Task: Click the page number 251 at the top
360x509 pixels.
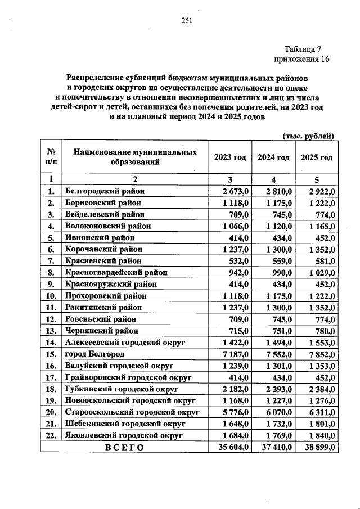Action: tap(187, 21)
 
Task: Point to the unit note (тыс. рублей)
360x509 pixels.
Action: tap(308, 136)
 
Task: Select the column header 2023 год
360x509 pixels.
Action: tap(230, 157)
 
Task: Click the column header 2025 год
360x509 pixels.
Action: tap(317, 157)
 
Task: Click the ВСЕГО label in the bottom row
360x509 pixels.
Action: tap(123, 448)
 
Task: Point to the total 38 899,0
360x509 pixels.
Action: tap(317, 448)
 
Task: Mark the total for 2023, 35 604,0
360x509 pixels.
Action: tap(231, 448)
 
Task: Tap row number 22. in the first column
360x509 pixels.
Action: tap(51, 435)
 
